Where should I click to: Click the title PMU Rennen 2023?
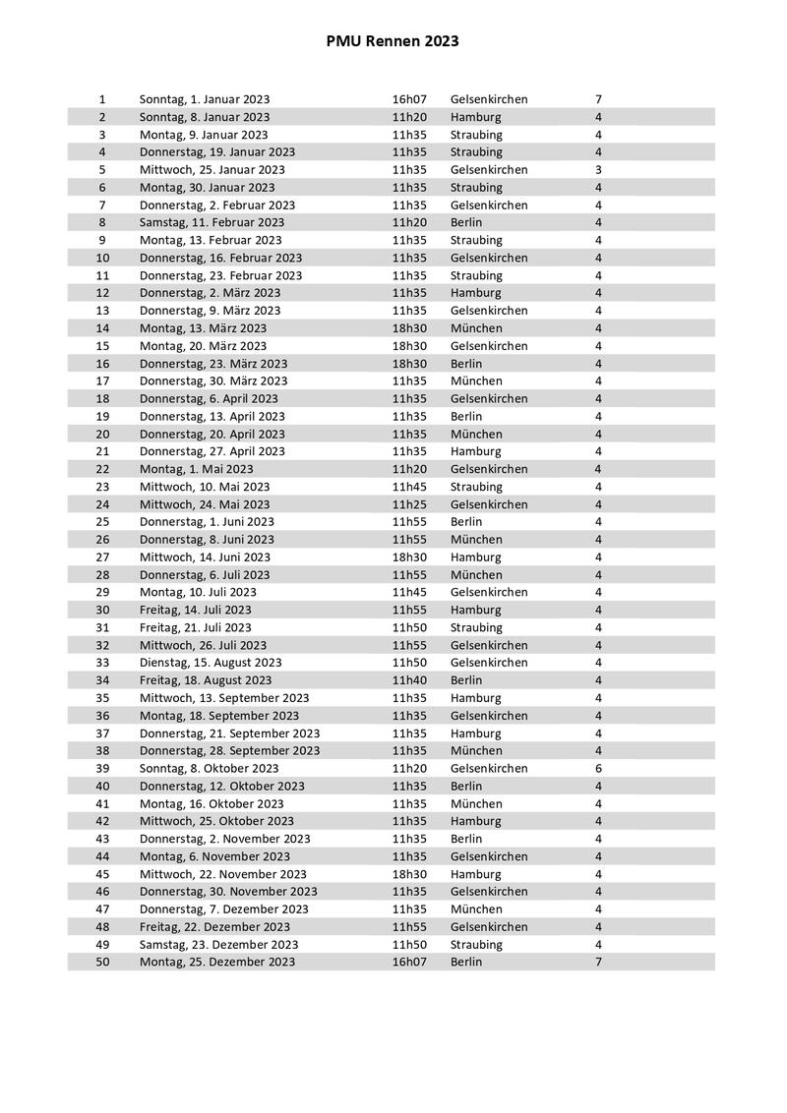coord(393,41)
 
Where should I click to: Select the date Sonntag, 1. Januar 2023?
coord(205,99)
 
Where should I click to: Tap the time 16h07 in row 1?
coord(409,99)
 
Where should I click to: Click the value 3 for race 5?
coord(598,170)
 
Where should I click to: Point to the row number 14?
coord(103,328)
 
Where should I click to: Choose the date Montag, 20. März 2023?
coord(203,346)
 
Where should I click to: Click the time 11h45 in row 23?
coord(409,487)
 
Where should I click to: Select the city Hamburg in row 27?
coord(475,557)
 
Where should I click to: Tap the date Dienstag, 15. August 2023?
coord(211,663)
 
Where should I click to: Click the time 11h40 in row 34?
coord(409,680)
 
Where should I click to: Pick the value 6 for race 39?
coord(598,769)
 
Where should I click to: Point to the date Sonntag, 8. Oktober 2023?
coord(209,769)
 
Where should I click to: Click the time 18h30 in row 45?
coord(409,874)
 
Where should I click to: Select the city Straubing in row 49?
coord(476,945)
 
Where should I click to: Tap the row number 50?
coord(103,962)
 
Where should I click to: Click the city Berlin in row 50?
coord(466,962)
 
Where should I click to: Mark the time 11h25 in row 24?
coord(409,504)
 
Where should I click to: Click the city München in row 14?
coord(476,328)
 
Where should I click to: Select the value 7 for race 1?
coord(598,99)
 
